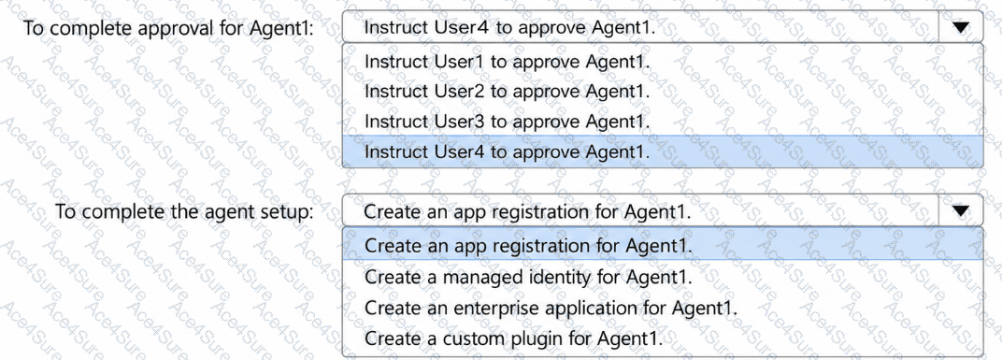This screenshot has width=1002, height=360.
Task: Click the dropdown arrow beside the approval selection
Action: tap(961, 27)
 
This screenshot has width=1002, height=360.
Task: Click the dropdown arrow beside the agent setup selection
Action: tap(961, 211)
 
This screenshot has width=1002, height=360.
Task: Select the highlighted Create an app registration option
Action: tap(528, 245)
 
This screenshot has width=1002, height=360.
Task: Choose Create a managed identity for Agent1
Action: tap(528, 278)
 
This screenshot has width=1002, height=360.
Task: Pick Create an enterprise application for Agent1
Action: tap(551, 308)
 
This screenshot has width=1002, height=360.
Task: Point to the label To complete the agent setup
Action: tap(185, 211)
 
